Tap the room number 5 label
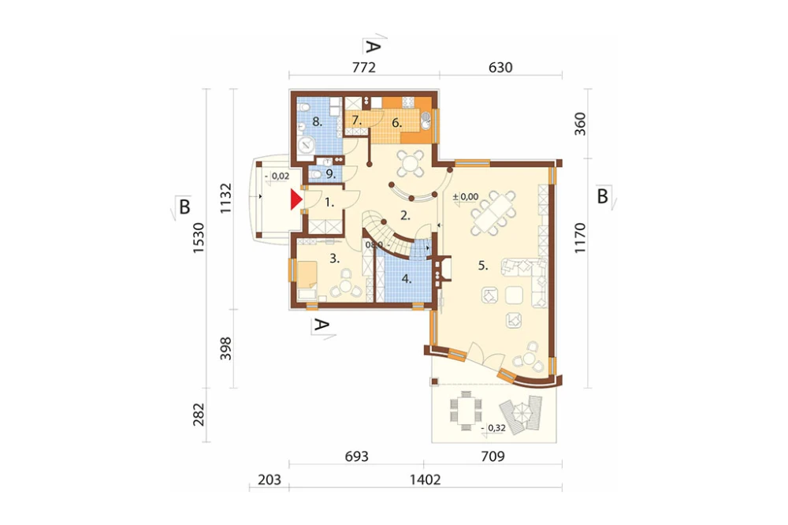pos(483,266)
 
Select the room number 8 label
pos(317,121)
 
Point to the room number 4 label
pos(407,279)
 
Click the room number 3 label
pos(335,259)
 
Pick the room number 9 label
pos(329,174)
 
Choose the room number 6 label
pos(397,123)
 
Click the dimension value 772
pos(364,67)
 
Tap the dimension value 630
pos(500,67)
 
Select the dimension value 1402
pos(426,479)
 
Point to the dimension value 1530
pos(199,236)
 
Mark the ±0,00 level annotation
pos(466,196)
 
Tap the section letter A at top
pos(372,47)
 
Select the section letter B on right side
pos(603,195)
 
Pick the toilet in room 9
pos(315,174)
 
